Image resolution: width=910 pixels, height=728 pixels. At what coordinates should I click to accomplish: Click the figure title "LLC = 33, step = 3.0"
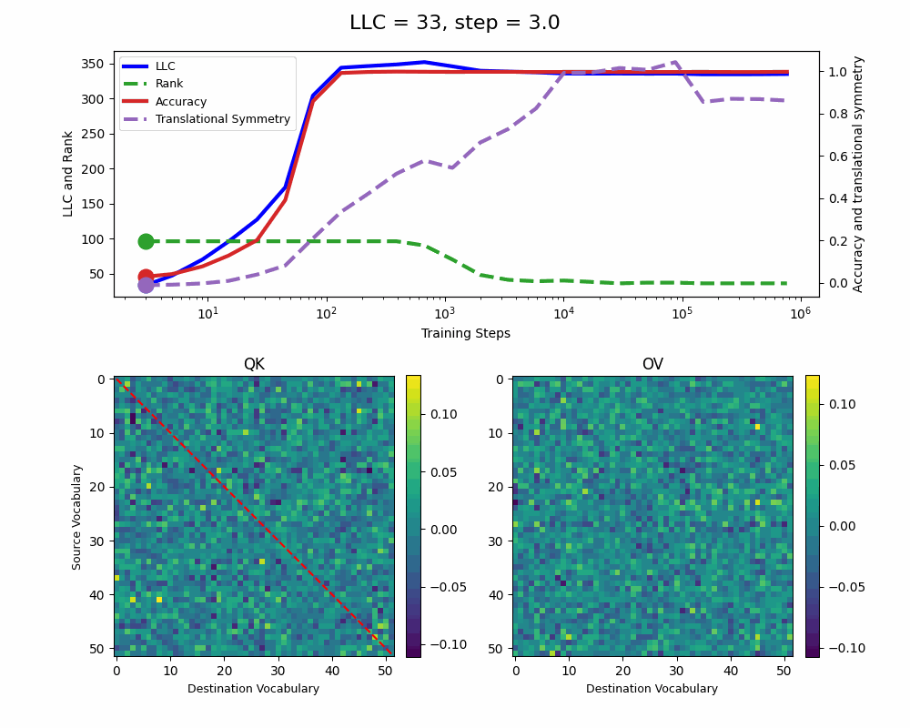454,23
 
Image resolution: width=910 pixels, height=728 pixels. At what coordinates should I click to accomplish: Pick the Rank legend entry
169,84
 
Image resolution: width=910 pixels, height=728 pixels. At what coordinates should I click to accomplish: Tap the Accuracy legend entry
181,102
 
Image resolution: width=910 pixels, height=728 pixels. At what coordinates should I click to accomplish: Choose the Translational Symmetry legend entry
223,119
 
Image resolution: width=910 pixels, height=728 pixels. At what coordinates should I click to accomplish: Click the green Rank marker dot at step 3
146,241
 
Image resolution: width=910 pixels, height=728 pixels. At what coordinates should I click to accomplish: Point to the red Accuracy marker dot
146,277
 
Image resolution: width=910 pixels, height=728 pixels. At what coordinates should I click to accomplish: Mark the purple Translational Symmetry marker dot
146,286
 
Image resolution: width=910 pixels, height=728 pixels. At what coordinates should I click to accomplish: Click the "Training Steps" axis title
465,334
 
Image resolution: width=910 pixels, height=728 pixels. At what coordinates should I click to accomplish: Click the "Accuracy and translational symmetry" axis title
858,174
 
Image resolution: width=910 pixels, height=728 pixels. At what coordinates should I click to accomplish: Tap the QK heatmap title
254,364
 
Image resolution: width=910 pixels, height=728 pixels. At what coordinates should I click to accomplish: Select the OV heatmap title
652,364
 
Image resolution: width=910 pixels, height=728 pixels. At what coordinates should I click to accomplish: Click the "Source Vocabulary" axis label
77,517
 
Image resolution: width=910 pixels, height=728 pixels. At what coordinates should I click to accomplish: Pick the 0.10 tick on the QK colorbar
443,414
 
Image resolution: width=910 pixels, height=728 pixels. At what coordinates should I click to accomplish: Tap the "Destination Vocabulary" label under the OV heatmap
652,689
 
